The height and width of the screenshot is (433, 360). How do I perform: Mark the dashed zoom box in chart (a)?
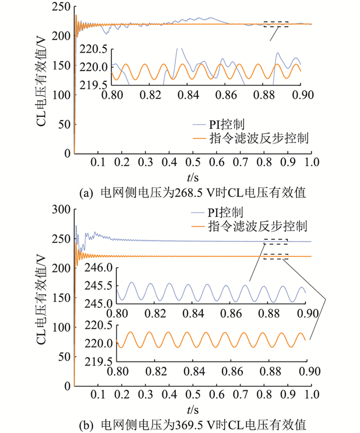click(x=276, y=24)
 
